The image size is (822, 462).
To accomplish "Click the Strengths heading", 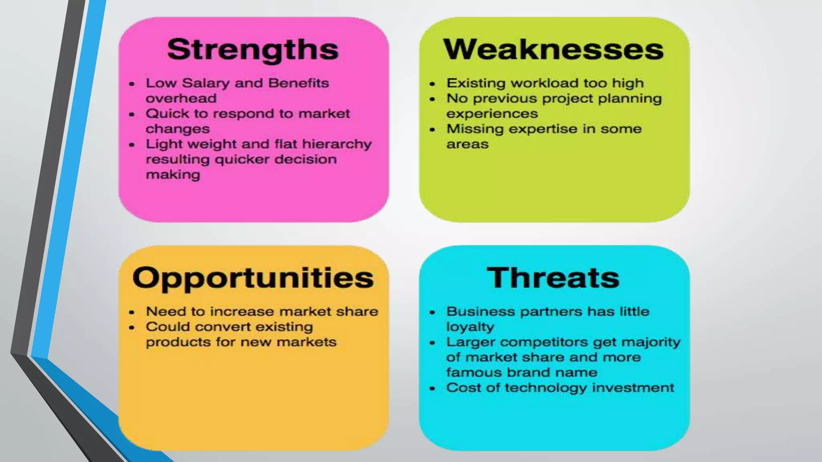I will [x=253, y=50].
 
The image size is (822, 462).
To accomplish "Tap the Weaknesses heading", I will [x=553, y=50].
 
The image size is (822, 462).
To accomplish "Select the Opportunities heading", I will [x=253, y=278].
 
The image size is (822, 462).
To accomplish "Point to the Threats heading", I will [x=553, y=278].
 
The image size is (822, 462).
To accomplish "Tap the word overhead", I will [x=181, y=98].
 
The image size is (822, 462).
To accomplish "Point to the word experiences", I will [x=492, y=114].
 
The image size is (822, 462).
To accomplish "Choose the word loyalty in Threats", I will [x=470, y=327].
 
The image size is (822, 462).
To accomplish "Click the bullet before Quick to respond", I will [x=132, y=114].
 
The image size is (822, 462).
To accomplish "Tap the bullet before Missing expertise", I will [x=432, y=130].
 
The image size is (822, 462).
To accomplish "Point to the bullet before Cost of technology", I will [x=432, y=389].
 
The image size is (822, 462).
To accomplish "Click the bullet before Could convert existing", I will [x=132, y=328].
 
